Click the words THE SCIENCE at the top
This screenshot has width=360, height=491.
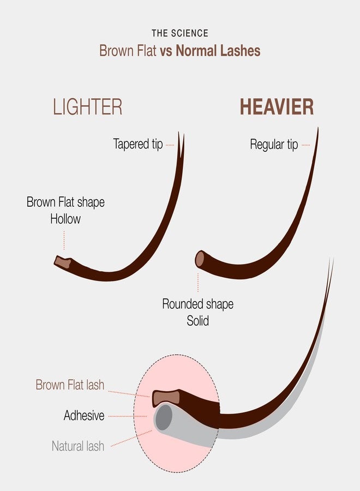180,33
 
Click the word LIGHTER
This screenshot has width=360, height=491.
87,107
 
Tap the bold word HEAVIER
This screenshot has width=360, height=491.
277,107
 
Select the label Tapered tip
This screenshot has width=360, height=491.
138,144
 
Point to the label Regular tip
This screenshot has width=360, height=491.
274,145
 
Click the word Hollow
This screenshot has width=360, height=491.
65,219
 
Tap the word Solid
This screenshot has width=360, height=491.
198,321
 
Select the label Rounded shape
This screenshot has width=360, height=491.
198,304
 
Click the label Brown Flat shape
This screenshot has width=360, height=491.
65,202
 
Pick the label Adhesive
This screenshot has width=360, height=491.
84,416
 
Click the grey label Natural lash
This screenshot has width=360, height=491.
78,446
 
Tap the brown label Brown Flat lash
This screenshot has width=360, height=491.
70,385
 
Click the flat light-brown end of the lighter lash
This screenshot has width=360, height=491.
63,262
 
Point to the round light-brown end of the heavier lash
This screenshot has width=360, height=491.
200,259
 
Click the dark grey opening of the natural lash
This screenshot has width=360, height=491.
164,417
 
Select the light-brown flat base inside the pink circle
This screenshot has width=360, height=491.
166,398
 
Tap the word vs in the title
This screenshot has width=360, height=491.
166,52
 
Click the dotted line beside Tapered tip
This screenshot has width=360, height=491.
170,145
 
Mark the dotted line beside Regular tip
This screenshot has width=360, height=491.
306,145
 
